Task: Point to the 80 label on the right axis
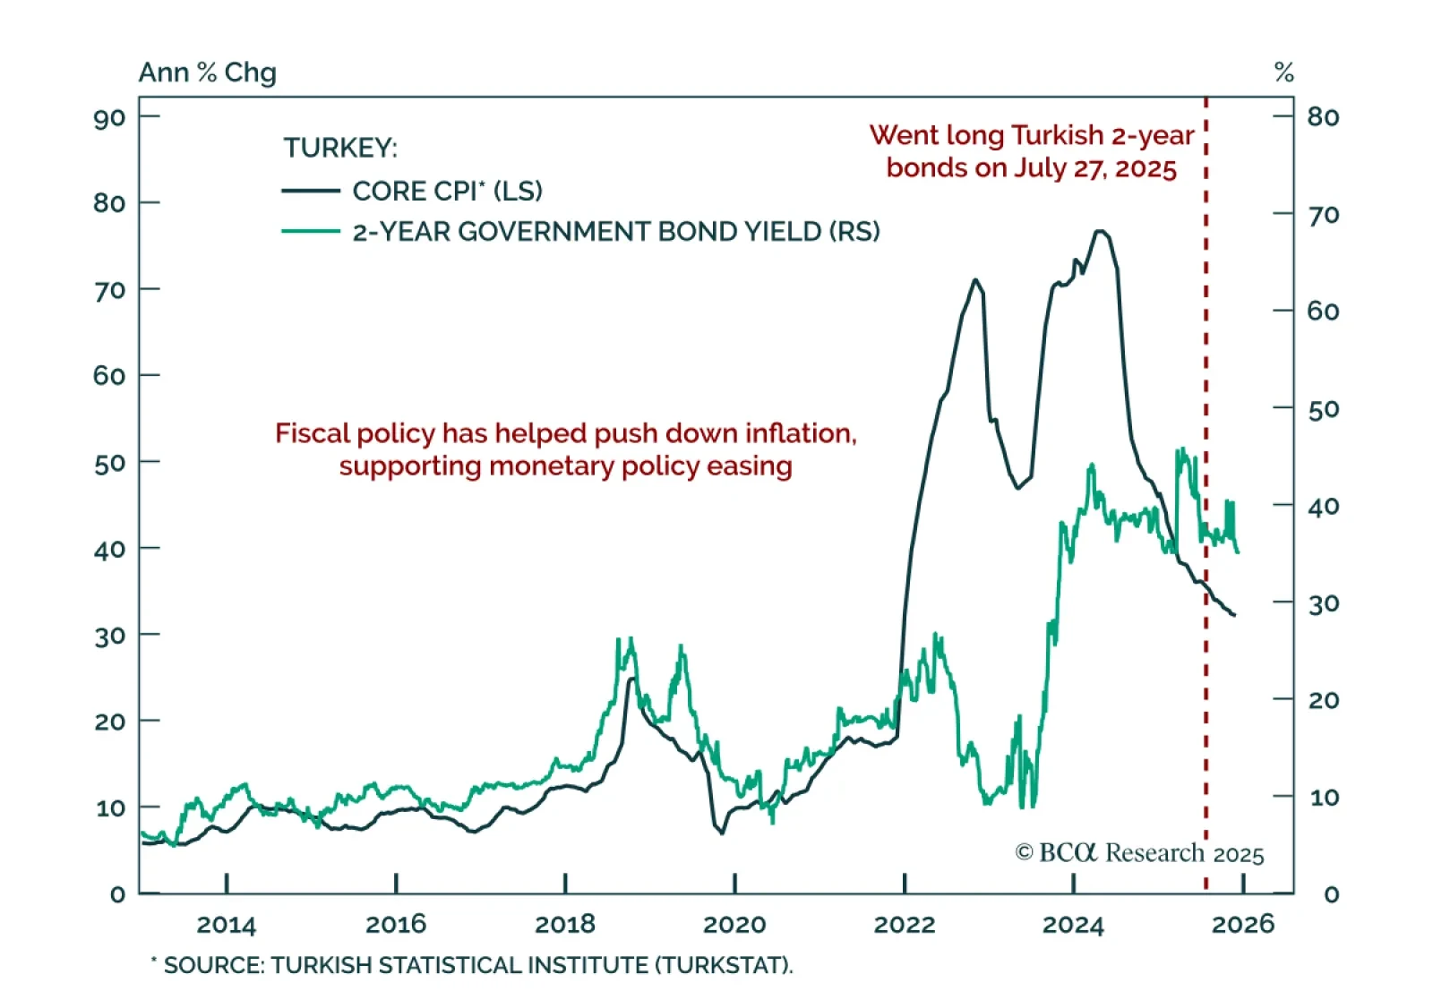coord(1323,117)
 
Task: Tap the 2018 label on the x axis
coord(564,924)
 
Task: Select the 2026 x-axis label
coord(1242,924)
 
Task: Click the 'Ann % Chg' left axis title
coord(207,73)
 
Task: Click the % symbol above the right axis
coord(1283,73)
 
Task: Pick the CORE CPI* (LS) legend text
coord(447,191)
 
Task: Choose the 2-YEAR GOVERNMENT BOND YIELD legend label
coord(616,232)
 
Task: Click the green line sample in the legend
coord(311,232)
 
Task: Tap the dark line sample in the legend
coord(311,191)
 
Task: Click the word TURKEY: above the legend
coord(340,148)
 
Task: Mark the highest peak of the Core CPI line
coord(1101,232)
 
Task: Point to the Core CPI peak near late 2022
coord(975,280)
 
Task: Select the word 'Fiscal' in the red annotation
coord(312,433)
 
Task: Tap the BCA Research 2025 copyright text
coord(1139,853)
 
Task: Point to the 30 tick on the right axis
coord(1283,602)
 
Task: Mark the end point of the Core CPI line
coord(1235,615)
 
